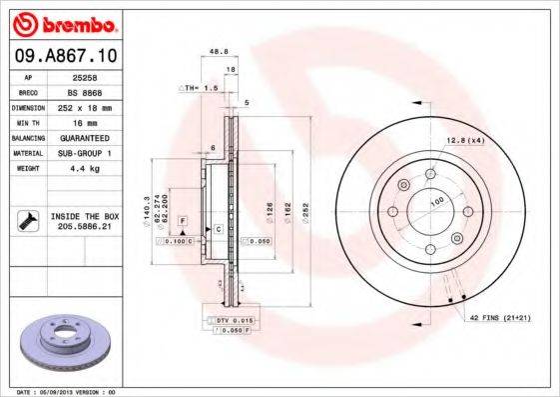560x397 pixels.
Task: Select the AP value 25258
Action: coord(96,76)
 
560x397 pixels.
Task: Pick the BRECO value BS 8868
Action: coord(97,91)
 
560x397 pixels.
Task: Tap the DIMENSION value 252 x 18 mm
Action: coord(97,107)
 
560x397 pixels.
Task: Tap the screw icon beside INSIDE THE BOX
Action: coord(27,221)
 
